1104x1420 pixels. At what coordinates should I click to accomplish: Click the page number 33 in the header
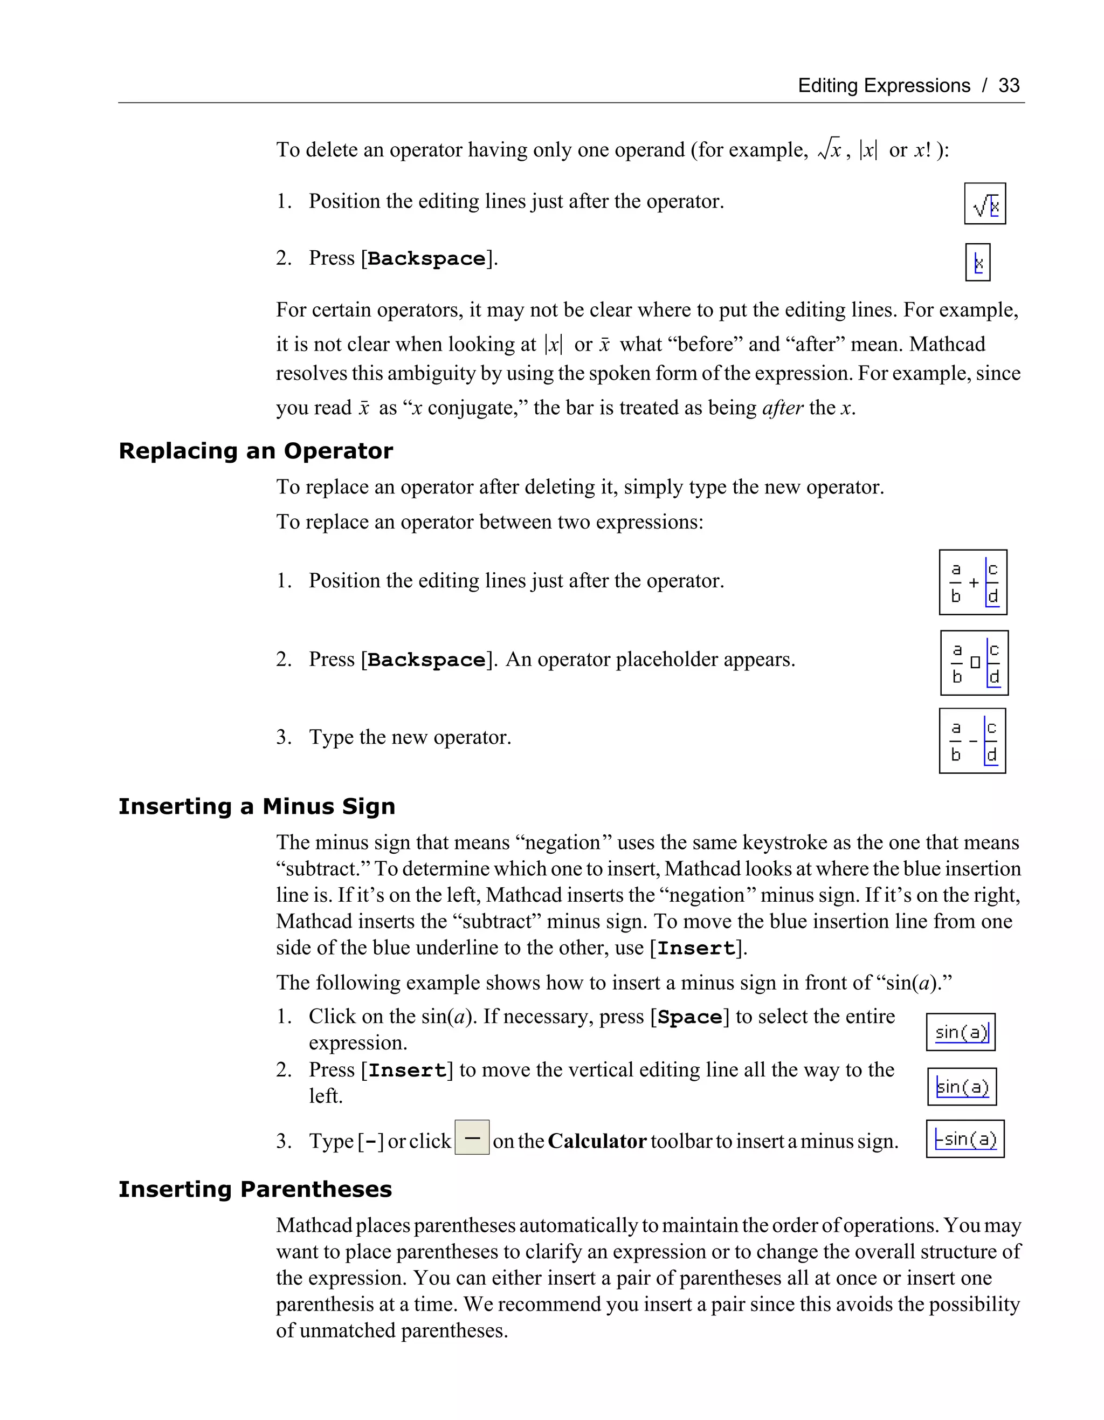coord(1009,85)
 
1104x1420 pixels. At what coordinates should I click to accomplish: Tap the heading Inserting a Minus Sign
coord(257,806)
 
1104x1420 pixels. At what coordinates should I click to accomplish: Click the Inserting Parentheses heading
coord(255,1189)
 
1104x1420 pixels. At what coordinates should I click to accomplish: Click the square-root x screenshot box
coord(984,203)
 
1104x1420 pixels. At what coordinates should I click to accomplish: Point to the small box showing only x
coord(977,262)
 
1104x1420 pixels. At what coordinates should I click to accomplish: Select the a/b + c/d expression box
coord(973,582)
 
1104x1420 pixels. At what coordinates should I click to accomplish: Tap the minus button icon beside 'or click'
coord(472,1137)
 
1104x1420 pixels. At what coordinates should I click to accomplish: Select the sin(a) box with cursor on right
coord(961,1032)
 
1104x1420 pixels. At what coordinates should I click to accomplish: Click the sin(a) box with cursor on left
coord(962,1087)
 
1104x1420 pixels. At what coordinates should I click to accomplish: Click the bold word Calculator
coord(597,1141)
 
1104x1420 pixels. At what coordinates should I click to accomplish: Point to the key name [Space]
coord(690,1017)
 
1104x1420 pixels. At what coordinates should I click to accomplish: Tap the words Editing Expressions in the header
coord(883,85)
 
